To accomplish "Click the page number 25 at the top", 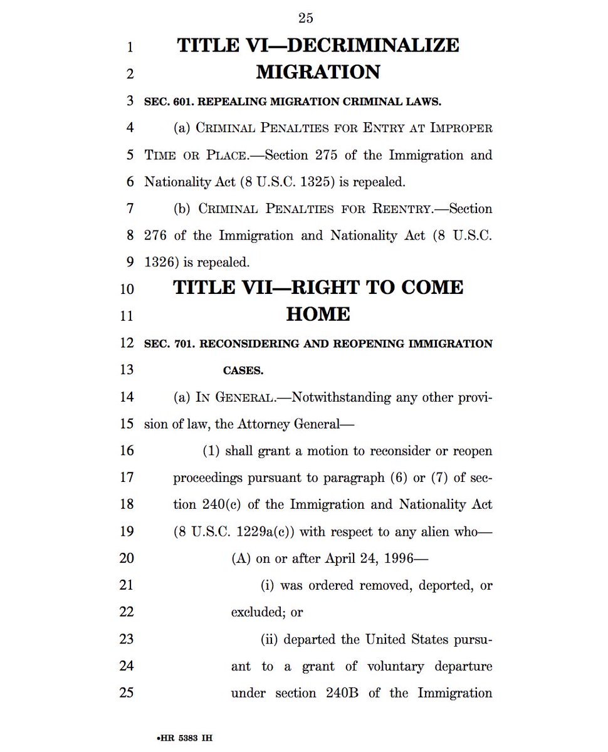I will click(306, 18).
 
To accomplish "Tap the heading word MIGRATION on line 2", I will click(318, 72).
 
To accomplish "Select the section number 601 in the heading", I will click(179, 101).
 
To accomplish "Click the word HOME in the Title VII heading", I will click(318, 315).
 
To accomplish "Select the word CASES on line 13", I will click(243, 370).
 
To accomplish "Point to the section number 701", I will click(179, 343).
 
